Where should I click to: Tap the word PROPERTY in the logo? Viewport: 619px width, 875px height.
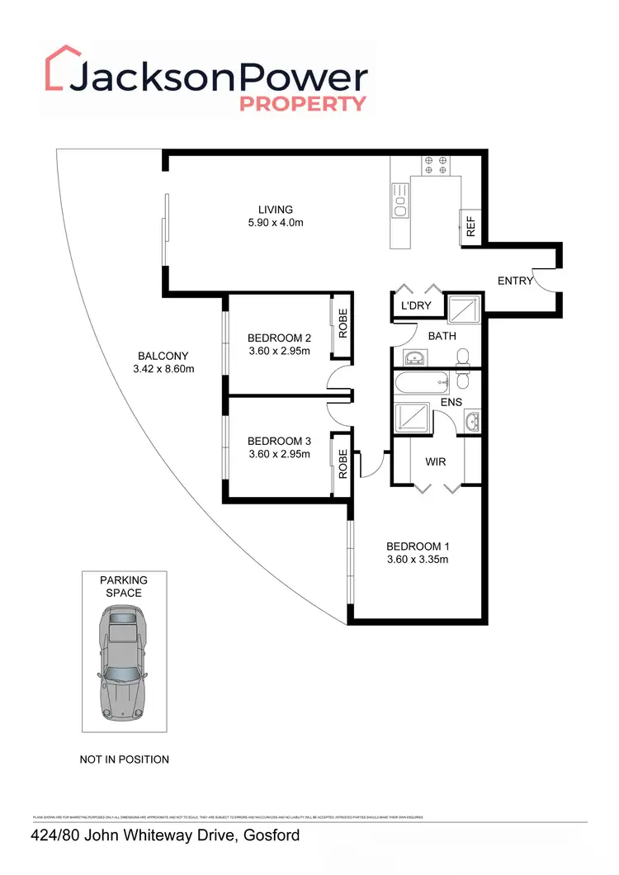tap(302, 104)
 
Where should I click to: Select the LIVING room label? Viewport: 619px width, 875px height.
tap(275, 210)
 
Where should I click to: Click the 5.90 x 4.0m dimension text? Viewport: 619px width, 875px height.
tap(275, 224)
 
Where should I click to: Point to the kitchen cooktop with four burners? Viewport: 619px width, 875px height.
tap(435, 165)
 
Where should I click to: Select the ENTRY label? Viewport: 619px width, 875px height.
tap(515, 281)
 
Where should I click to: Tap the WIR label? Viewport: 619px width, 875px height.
tap(435, 461)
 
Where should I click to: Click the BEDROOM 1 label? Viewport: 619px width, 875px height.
tap(418, 546)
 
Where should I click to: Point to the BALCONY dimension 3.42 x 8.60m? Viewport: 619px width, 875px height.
tap(164, 369)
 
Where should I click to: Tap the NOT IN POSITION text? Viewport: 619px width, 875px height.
tap(124, 759)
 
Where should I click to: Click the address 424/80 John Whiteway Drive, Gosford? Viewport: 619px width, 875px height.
tap(165, 836)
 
